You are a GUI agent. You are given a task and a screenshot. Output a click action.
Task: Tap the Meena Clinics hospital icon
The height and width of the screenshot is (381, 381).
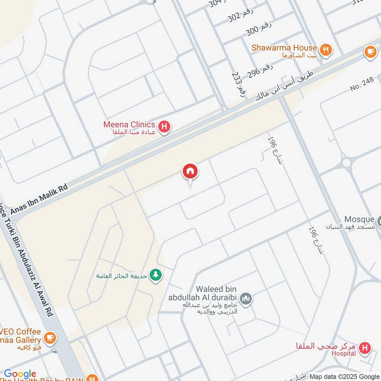pyautogui.click(x=164, y=127)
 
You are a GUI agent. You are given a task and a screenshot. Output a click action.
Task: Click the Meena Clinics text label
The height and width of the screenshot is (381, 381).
pyautogui.click(x=129, y=124)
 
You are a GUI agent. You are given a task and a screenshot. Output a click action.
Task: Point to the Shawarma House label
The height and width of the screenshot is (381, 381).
pyautogui.click(x=285, y=48)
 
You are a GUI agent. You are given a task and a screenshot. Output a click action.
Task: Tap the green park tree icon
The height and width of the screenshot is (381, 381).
pyautogui.click(x=155, y=275)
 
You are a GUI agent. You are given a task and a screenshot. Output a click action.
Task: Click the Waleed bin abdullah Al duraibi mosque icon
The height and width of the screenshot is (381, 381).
pyautogui.click(x=246, y=299)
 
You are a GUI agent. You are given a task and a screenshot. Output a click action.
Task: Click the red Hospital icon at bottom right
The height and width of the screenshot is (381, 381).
pyautogui.click(x=365, y=348)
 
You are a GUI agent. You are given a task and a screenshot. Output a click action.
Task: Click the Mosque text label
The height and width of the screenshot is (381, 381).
pyautogui.click(x=360, y=219)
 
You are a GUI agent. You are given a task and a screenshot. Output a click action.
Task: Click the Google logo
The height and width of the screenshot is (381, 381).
pyautogui.click(x=20, y=374)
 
